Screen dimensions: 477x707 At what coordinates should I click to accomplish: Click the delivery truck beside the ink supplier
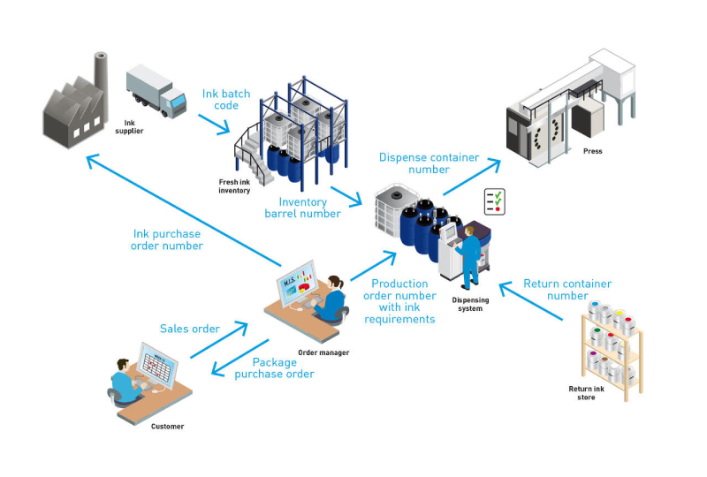(x=156, y=90)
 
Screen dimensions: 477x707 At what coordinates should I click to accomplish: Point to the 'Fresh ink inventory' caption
(x=234, y=185)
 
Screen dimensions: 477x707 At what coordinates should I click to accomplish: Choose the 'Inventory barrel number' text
(x=302, y=208)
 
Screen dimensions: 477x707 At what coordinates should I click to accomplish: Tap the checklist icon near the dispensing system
(x=494, y=201)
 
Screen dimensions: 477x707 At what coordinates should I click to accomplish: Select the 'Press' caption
(x=593, y=151)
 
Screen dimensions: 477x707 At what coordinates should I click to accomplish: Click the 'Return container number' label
(x=567, y=290)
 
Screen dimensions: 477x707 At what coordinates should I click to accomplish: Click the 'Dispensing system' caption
(x=470, y=305)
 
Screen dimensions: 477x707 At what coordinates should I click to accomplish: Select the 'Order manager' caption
(x=323, y=352)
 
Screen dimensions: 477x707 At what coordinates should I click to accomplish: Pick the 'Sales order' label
(x=190, y=329)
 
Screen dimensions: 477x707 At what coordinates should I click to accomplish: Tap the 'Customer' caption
(x=168, y=427)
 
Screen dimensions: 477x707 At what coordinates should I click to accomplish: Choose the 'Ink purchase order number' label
(x=167, y=240)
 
